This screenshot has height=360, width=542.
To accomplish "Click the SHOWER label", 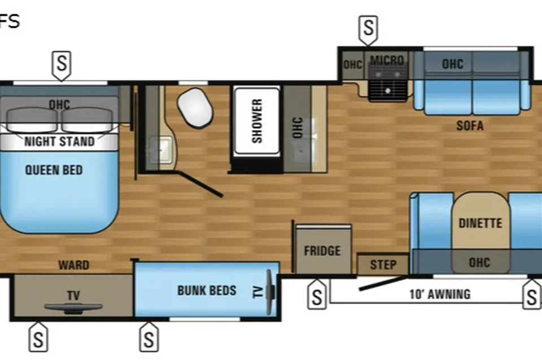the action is pos(257,121).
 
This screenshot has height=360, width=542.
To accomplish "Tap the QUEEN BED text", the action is pos(54,170).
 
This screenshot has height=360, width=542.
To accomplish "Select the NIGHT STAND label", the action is pos(59,141).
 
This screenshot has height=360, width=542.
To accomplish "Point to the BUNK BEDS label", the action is pos(207,290).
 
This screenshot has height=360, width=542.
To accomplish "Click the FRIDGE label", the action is pos(322,251).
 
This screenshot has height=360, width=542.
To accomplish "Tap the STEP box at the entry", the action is pos(383,264).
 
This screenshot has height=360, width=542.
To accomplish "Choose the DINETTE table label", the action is pos(480,223).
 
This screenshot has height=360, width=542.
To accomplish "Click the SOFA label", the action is pos(470,126).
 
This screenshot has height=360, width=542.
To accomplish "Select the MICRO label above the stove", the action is pos(387,60).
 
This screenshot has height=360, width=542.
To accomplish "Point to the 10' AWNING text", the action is pos(440,294).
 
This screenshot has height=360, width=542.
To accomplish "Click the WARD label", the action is pos(74,265).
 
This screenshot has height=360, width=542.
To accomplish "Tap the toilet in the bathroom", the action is pos(195,108).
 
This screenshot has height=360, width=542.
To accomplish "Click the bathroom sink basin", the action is pos(160,150).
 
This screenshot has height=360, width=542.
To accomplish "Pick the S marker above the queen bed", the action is pos(62,64).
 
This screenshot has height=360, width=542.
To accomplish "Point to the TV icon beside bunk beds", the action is pos(270,292).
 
